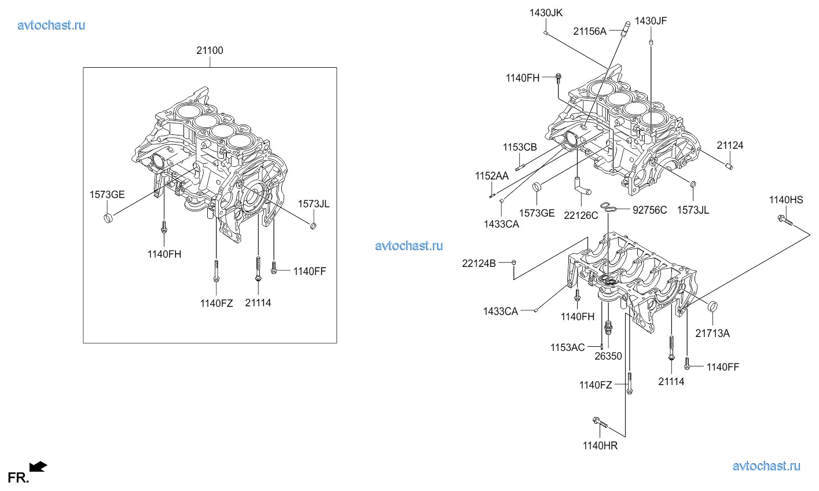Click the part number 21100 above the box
pos(210,50)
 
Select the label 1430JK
pos(545,12)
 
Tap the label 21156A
pos(590,32)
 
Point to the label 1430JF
pos(651,21)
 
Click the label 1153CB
pos(520,148)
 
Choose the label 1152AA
pos(492,175)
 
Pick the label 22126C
pos(581,215)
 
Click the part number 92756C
pos(649,210)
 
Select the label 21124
pos(730,145)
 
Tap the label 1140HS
pos(786,200)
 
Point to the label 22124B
pos(479,263)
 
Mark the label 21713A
pos(713,333)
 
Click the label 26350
pos(608,356)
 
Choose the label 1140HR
pos(600,445)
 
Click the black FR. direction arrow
pos(38,466)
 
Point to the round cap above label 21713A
pos(713,306)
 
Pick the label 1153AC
pos(567,347)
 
